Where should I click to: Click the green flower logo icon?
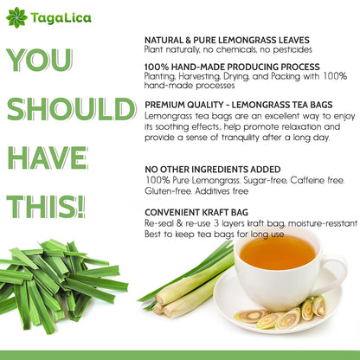tap(16, 17)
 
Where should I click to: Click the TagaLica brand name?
tap(61, 18)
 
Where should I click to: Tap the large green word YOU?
tap(39, 60)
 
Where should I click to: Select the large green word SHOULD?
tap(71, 109)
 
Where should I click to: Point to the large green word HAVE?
tap(48, 157)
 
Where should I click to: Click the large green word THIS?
tap(46, 207)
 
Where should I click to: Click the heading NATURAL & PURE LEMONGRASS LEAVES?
tap(227, 40)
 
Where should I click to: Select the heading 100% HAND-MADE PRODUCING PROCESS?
tap(232, 67)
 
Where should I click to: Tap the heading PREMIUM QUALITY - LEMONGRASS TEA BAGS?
tap(239, 105)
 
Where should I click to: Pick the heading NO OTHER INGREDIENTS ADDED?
tap(213, 170)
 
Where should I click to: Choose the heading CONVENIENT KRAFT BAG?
tap(196, 213)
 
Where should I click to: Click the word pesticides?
tap(292, 50)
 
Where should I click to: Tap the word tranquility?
tap(241, 138)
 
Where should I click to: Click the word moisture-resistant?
tap(323, 223)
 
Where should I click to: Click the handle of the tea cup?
tap(335, 273)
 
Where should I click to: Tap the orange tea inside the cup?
tap(277, 252)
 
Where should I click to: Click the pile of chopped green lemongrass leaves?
tap(57, 285)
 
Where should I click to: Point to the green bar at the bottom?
tap(180, 356)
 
